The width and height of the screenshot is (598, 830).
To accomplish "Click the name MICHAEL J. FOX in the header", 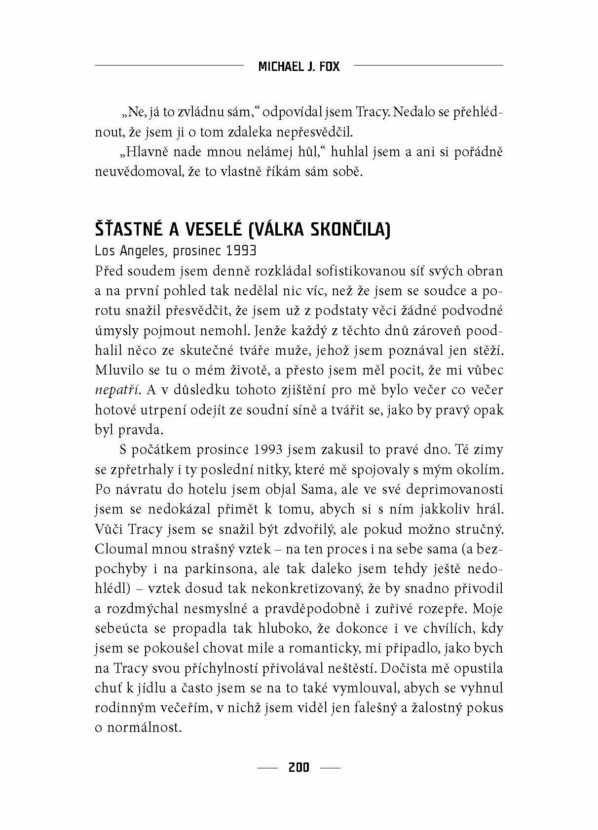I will (299, 67).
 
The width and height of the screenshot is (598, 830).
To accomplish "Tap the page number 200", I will (299, 767).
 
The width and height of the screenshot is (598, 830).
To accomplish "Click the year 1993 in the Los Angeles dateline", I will (241, 251).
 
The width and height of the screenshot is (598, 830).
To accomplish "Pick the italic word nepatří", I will (117, 390).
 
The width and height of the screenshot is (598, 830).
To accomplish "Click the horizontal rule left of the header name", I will (169, 65).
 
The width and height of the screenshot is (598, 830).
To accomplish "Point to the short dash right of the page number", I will (330, 767).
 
